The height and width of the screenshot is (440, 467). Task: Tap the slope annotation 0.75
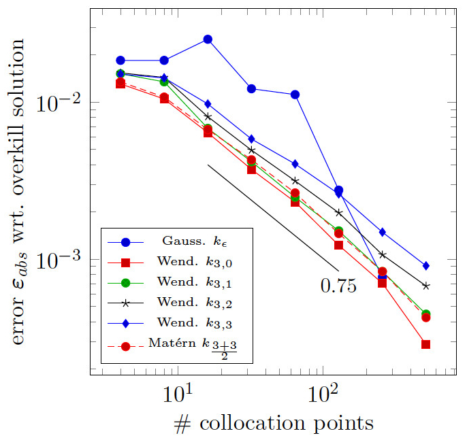point(338,286)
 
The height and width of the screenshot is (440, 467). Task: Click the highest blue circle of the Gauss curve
point(208,39)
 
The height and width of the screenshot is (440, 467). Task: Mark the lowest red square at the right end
point(425,344)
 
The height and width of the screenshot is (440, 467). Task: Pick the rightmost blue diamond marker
point(425,265)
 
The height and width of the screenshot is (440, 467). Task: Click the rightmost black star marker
point(425,286)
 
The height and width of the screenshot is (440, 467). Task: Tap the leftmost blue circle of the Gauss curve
point(120,61)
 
